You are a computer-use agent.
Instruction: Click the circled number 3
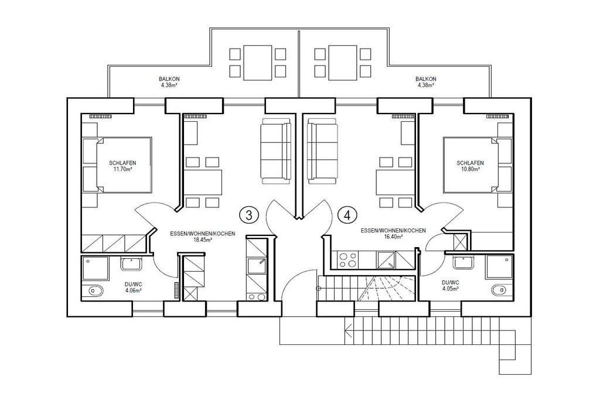tap(249, 216)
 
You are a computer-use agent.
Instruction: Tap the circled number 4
tap(347, 216)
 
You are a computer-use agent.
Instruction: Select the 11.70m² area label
tap(122, 169)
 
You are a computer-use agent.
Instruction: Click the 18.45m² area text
tap(203, 240)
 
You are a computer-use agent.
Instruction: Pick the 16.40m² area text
tap(393, 237)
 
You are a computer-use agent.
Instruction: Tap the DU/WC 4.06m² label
tap(134, 287)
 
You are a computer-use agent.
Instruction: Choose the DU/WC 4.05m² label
tap(451, 285)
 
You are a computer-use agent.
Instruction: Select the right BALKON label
tap(426, 81)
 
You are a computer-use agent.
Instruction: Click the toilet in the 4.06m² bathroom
tap(95, 290)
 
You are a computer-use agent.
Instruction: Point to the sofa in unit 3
tap(276, 152)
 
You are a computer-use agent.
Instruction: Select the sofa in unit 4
tap(323, 152)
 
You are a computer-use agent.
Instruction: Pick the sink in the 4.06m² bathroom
tap(132, 264)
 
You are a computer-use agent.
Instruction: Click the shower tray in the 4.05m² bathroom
tap(499, 267)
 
